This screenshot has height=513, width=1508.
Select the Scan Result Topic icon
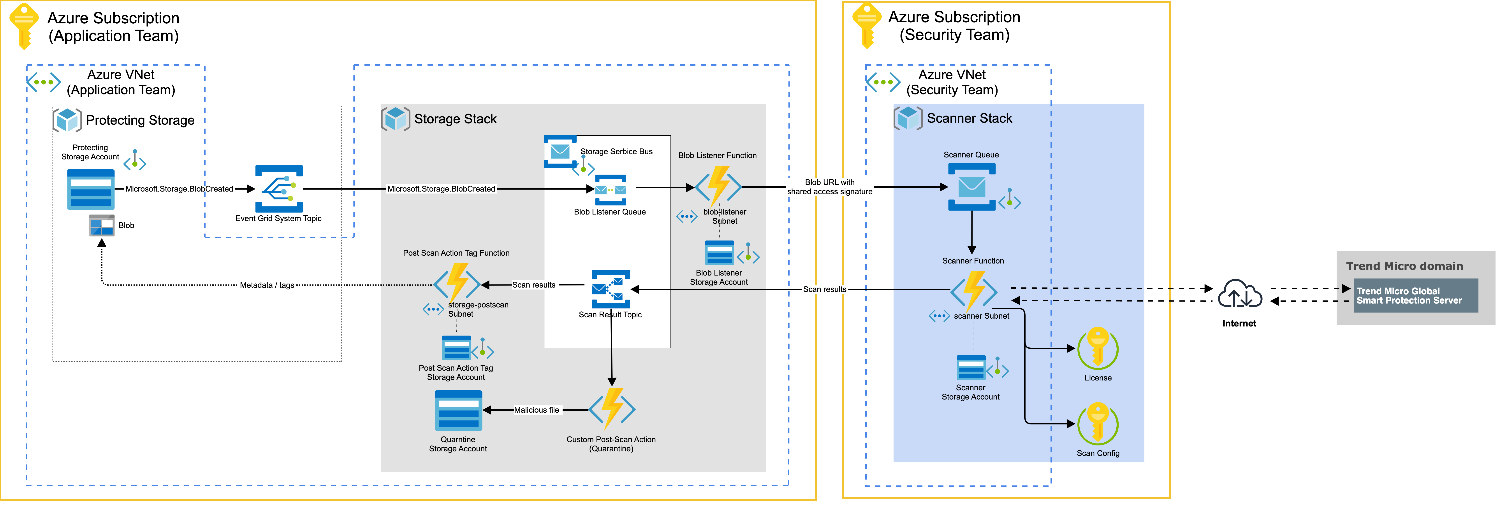pyautogui.click(x=611, y=289)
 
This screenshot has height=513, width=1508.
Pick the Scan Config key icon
pyautogui.click(x=1098, y=424)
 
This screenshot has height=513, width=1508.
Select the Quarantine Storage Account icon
pyautogui.click(x=458, y=411)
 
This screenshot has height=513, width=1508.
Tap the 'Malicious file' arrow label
pyautogui.click(x=536, y=410)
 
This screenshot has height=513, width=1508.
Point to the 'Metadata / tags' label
pyautogui.click(x=267, y=285)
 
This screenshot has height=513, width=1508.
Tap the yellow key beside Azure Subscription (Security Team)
pyautogui.click(x=866, y=24)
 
